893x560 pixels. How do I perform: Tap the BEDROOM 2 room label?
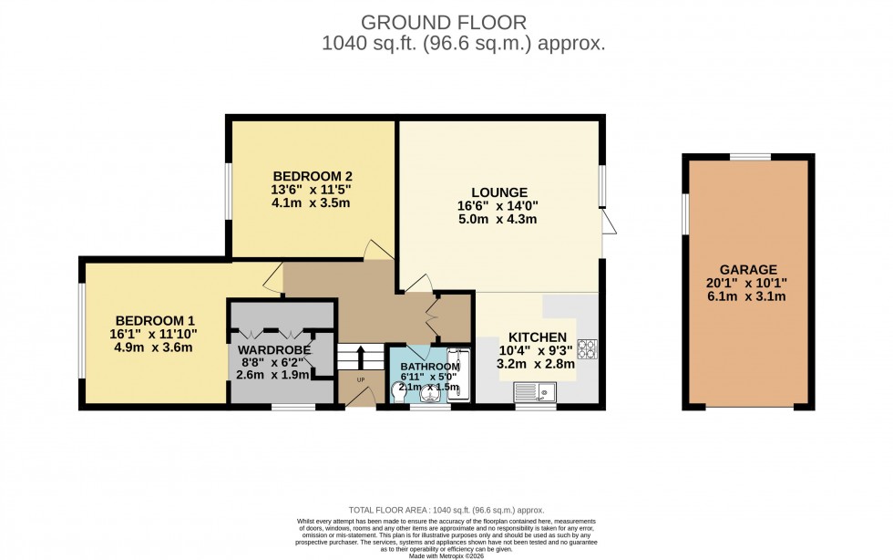(312, 176)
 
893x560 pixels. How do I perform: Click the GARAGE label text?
(748, 270)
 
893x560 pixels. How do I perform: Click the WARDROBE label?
(274, 349)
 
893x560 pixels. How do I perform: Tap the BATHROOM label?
(430, 367)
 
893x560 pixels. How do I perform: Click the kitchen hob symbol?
(587, 347)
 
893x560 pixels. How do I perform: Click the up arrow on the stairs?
(360, 355)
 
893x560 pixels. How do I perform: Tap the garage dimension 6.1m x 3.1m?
(748, 296)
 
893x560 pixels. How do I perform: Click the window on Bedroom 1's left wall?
(81, 331)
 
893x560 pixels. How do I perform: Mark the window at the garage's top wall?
(748, 157)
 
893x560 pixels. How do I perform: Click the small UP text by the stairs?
(360, 379)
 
